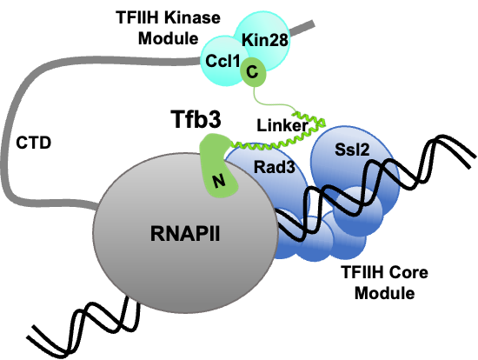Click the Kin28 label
264,40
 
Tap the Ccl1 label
222,61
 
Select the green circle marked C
253,72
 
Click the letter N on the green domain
218,181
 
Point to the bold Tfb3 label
196,119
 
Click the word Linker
282,125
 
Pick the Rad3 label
275,167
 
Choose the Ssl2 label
352,150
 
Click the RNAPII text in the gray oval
185,234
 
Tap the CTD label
34,143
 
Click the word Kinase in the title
194,18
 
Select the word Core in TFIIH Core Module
410,272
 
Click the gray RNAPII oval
185,232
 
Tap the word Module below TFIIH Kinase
169,39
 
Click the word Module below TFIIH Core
384,293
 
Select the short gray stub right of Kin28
302,27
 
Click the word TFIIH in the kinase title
137,18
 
